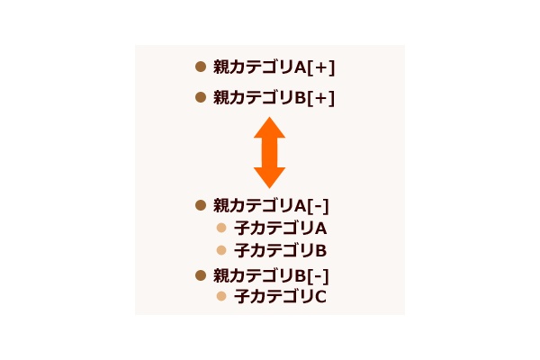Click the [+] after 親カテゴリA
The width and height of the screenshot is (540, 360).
(x=320, y=67)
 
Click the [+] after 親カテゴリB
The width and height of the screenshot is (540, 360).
(x=320, y=98)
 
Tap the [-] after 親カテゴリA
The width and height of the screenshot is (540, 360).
(x=318, y=206)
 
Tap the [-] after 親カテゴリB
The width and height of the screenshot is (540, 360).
(x=318, y=276)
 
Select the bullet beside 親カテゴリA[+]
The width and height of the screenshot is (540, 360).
(x=201, y=67)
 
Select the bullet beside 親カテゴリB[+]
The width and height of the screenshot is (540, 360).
(x=201, y=97)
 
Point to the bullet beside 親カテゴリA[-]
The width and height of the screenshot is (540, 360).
(x=201, y=205)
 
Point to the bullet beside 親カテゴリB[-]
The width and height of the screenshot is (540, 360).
(x=201, y=275)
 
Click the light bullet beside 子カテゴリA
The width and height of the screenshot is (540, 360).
(x=221, y=228)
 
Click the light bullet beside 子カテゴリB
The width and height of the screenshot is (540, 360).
(x=221, y=250)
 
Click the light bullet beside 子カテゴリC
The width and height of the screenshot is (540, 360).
(x=221, y=296)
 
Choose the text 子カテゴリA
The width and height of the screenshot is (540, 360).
(x=280, y=229)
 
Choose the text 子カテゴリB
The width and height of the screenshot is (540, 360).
(x=280, y=251)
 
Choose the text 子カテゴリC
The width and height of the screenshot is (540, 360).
(x=280, y=297)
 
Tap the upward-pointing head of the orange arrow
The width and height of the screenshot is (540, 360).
(x=269, y=128)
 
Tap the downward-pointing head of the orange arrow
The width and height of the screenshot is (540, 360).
(x=269, y=178)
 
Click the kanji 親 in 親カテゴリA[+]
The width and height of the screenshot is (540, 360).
(x=220, y=67)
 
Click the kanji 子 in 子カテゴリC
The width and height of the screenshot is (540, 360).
(x=241, y=297)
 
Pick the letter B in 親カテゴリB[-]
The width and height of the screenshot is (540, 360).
(x=301, y=276)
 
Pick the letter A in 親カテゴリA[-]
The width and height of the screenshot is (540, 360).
(x=301, y=206)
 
